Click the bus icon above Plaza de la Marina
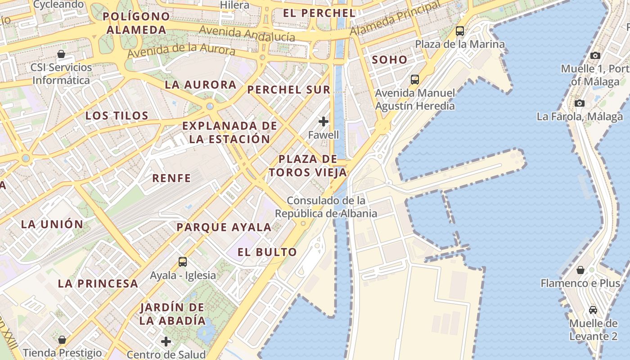[x=459, y=31]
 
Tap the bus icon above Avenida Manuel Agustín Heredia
[x=415, y=80]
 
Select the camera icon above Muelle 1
[x=595, y=55]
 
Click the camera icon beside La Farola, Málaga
[x=580, y=103]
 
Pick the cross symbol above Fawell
[x=324, y=121]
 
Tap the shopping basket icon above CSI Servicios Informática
[x=61, y=54]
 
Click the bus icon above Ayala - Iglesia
[x=182, y=261]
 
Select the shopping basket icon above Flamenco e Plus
[x=580, y=270]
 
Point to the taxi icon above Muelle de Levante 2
[x=593, y=310]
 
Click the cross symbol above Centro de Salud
[x=166, y=341]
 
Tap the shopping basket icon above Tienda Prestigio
[x=62, y=339]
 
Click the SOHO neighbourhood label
[x=389, y=59]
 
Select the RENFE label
[x=171, y=178]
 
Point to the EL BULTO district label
[x=267, y=252]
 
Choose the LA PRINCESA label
[x=98, y=283]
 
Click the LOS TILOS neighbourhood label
[x=117, y=116]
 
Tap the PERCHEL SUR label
[x=289, y=90]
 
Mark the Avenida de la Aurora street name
[x=181, y=50]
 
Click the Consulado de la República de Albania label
[x=326, y=207]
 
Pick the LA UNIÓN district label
[x=52, y=224]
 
